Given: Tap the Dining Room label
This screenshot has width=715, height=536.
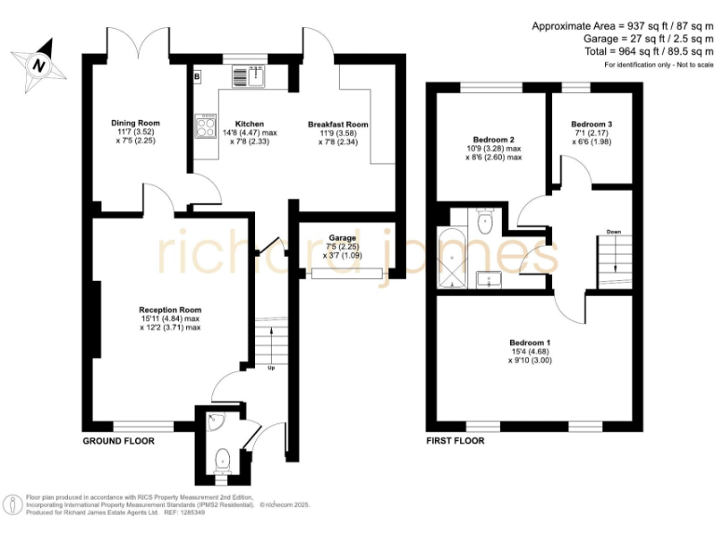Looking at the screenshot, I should (136, 123).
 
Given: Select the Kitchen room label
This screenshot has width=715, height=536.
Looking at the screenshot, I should (250, 124).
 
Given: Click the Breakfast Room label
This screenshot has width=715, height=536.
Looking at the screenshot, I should (339, 124).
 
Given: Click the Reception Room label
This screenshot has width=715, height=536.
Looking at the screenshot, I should (170, 310).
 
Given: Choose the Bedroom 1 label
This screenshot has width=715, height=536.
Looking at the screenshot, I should (530, 342).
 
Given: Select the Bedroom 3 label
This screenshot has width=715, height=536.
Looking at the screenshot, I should (592, 124).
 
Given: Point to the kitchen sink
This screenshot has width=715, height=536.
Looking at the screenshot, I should (249, 76).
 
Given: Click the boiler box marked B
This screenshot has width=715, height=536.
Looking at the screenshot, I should (197, 75).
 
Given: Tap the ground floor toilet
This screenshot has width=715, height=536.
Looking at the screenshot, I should (223, 459).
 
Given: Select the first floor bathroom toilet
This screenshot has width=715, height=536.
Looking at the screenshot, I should (484, 221).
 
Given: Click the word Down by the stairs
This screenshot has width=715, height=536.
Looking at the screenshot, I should (614, 232).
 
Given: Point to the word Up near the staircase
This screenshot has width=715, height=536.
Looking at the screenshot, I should (271, 368).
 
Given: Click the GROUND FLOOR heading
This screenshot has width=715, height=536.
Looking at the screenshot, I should (118, 440).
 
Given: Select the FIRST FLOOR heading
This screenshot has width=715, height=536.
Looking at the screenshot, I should (455, 440).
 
